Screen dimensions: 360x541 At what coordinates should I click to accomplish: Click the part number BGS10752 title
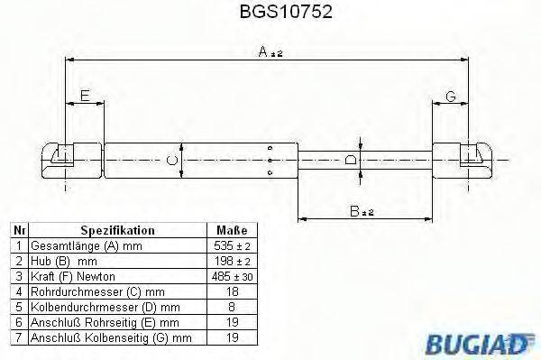tap(270, 13)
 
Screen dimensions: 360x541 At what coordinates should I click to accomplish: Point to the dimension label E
tap(85, 97)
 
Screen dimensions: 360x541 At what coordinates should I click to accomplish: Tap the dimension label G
tap(450, 97)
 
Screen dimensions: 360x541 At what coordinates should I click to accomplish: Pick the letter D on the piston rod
tap(352, 161)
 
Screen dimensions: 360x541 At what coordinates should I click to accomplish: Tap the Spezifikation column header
tap(117, 231)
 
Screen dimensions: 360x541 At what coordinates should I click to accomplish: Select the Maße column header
tap(232, 231)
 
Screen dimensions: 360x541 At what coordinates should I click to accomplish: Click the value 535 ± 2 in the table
tap(232, 245)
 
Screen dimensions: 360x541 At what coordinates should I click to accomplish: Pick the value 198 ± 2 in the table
tap(232, 260)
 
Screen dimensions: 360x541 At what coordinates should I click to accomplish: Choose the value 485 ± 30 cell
tap(232, 275)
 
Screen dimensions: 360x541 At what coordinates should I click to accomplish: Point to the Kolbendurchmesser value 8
tap(232, 306)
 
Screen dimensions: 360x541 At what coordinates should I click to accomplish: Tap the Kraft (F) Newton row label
tap(74, 275)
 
